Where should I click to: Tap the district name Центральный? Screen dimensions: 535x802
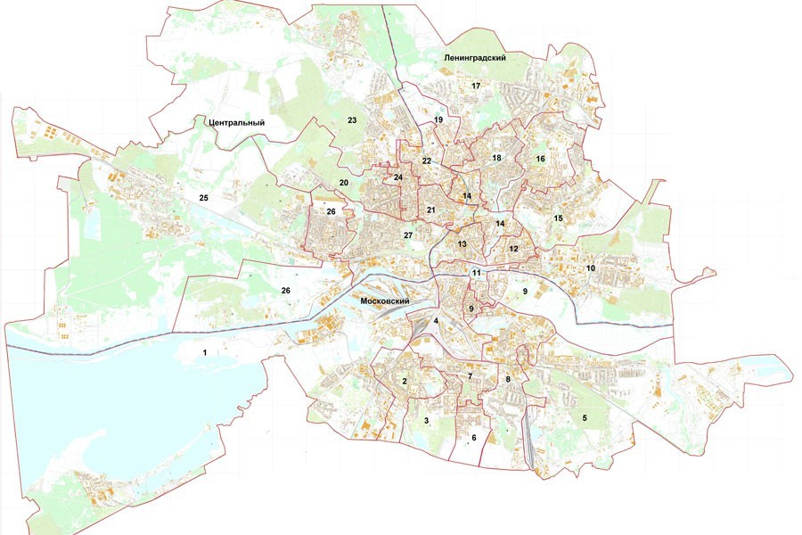click(x=235, y=121)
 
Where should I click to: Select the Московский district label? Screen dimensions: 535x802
click(x=384, y=301)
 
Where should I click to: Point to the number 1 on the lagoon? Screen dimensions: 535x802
click(x=205, y=353)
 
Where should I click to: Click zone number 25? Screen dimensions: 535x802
click(x=203, y=197)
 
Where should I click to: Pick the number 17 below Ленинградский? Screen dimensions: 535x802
click(x=476, y=86)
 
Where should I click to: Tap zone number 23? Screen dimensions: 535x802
click(x=352, y=120)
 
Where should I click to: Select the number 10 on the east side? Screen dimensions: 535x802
click(x=590, y=268)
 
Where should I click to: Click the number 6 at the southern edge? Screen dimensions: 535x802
click(x=473, y=438)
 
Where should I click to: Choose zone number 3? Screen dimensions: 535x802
click(x=427, y=420)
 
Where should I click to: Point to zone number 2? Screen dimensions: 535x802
click(x=405, y=382)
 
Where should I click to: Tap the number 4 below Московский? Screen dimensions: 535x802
click(x=436, y=321)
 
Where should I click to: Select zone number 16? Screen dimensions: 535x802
click(x=540, y=159)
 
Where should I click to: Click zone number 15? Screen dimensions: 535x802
click(x=558, y=218)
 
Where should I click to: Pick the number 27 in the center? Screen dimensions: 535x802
click(x=407, y=235)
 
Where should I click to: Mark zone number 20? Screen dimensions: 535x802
click(x=343, y=183)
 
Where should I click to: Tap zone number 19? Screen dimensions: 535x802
click(x=438, y=119)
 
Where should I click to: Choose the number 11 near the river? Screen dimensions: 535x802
click(x=477, y=273)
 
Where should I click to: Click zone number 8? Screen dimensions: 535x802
click(x=508, y=380)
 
